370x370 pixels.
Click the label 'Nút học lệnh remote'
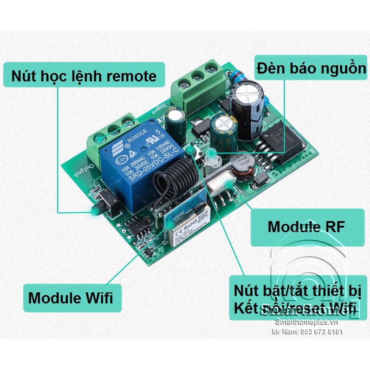coord(84,75)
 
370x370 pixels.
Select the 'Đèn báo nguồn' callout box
coord(311,69)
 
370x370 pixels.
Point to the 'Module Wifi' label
coord(70,297)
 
